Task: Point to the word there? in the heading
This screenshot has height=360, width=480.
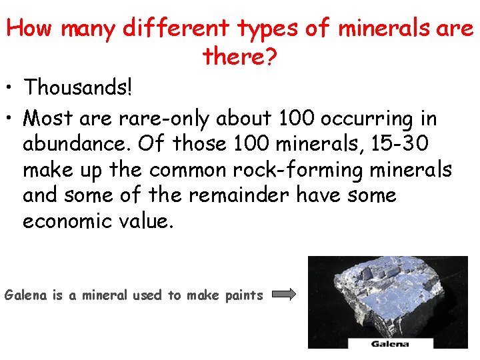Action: pos(239,57)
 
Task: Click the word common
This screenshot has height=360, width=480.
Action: pos(188,170)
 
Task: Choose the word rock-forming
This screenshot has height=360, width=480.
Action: pos(296,170)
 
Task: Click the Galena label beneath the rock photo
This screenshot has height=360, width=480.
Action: pos(390,344)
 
